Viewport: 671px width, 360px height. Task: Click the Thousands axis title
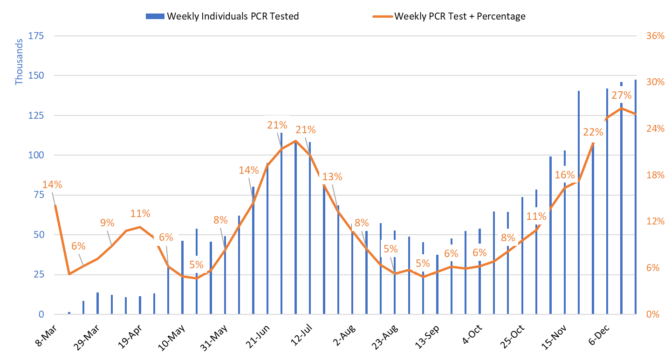pyautogui.click(x=19, y=62)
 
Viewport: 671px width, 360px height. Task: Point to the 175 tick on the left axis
pyautogui.click(x=36, y=36)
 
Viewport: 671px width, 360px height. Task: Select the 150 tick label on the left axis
pyautogui.click(x=36, y=75)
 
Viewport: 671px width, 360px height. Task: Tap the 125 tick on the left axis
pyautogui.click(x=36, y=115)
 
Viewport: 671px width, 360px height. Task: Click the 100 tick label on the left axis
pyautogui.click(x=36, y=155)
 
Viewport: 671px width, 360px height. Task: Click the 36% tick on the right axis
pyautogui.click(x=655, y=36)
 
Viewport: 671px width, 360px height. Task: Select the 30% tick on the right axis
pyautogui.click(x=655, y=82)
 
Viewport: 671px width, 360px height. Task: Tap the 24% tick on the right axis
pyautogui.click(x=655, y=129)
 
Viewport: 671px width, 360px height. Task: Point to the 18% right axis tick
pyautogui.click(x=655, y=175)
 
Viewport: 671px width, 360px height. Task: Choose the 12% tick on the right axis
pyautogui.click(x=655, y=221)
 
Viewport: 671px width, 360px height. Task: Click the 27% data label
pyautogui.click(x=621, y=95)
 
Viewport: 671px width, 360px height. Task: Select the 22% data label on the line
pyautogui.click(x=593, y=132)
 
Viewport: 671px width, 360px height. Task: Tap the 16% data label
pyautogui.click(x=565, y=175)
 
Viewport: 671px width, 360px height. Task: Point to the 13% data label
pyautogui.click(x=332, y=177)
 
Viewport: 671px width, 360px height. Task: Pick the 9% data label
pyautogui.click(x=107, y=223)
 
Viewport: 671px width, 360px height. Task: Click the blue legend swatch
pyautogui.click(x=155, y=16)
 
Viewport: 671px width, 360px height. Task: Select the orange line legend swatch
pyautogui.click(x=383, y=16)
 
